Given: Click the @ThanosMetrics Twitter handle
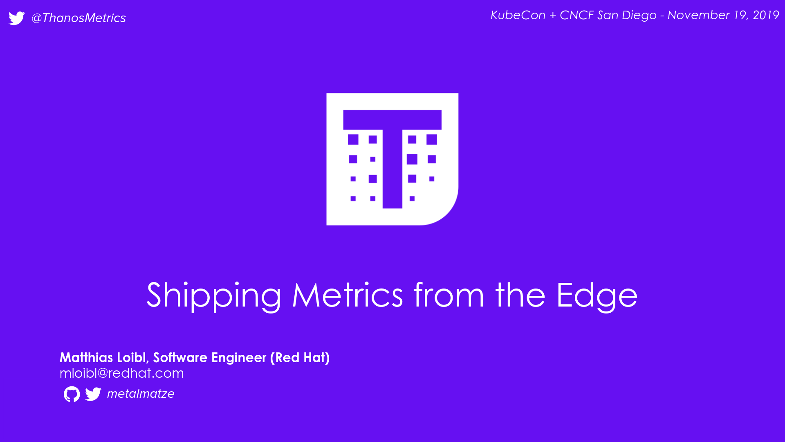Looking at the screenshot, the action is [78, 18].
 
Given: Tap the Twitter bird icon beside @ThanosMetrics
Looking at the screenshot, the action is [17, 18].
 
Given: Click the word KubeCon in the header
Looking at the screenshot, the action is [518, 15].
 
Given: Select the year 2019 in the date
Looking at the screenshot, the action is [766, 15].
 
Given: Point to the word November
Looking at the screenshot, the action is [698, 15].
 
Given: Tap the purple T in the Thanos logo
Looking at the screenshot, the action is [392, 159].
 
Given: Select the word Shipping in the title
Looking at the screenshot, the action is [214, 295].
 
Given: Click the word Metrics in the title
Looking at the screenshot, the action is [348, 295].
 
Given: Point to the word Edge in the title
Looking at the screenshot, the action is [597, 295].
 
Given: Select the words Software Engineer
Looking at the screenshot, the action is [210, 358].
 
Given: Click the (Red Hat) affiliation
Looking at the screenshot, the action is [300, 358].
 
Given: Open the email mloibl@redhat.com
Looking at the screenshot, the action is [121, 373].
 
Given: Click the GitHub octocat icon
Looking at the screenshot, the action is [72, 394].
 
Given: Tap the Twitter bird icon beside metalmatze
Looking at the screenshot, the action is [93, 394].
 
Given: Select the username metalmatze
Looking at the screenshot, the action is [141, 394].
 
